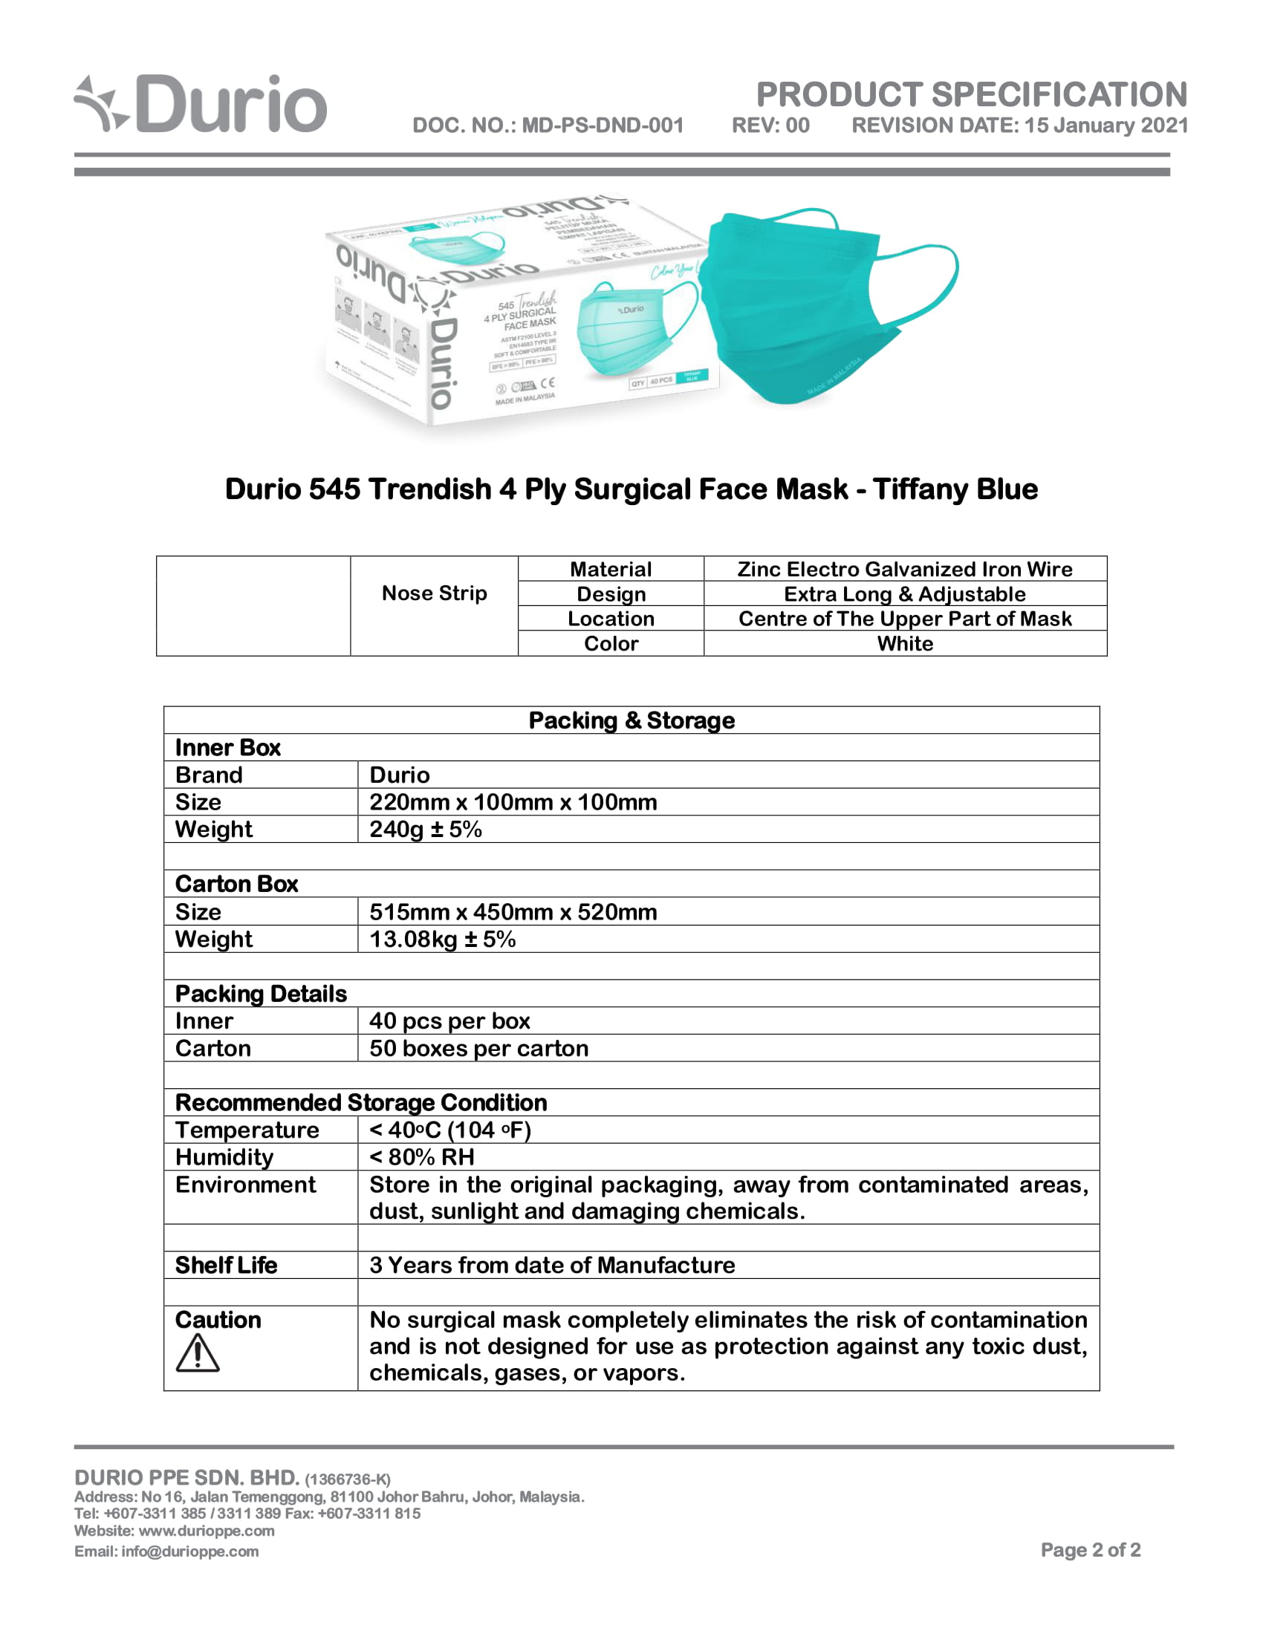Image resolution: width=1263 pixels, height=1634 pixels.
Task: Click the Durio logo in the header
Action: point(201,104)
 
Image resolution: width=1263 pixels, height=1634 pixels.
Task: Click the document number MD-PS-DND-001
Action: point(603,125)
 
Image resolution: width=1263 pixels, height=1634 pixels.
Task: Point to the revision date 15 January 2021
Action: point(1106,125)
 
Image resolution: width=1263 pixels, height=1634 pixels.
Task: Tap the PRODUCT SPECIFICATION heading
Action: point(971,94)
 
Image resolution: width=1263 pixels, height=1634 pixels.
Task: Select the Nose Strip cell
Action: point(434,593)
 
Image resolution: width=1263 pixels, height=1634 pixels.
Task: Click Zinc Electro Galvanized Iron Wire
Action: point(905,570)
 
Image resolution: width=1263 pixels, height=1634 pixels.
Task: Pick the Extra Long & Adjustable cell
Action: point(905,594)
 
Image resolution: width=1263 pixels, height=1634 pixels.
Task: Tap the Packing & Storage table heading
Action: point(631,720)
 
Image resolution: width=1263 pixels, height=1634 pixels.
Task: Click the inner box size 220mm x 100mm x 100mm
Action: point(513,802)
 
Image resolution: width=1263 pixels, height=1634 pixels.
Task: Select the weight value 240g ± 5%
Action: point(426,829)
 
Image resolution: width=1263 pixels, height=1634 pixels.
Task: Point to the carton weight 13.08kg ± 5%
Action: point(443,939)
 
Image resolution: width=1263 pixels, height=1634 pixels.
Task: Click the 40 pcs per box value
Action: point(449,1021)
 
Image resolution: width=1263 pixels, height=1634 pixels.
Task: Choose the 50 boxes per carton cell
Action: point(479,1048)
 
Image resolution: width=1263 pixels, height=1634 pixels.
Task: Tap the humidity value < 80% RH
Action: point(422,1157)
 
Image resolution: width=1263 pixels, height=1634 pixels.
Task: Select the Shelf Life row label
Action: point(226,1265)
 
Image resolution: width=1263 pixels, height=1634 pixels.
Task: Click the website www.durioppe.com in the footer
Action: point(207,1531)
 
